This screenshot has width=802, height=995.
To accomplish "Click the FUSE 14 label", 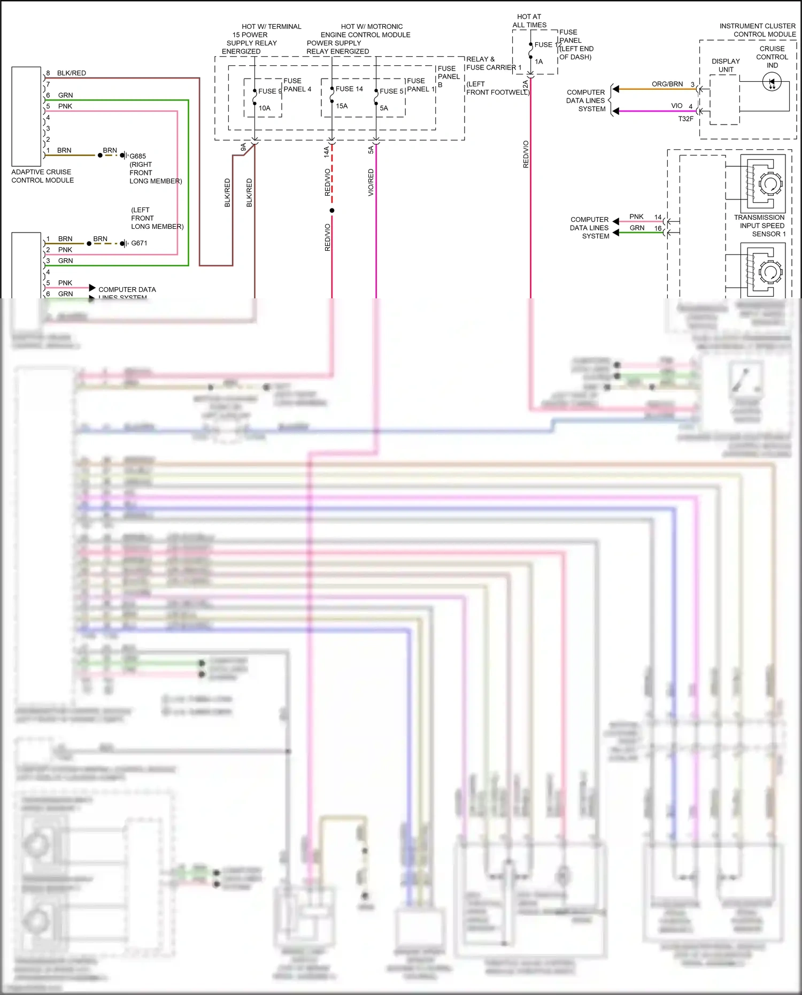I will click(x=349, y=89).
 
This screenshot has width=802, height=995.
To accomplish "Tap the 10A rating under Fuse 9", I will click(x=264, y=108).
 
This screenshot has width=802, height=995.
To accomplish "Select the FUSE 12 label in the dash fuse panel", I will click(x=547, y=45).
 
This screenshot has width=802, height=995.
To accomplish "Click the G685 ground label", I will click(x=137, y=156).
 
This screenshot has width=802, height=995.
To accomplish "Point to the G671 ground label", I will click(x=139, y=243).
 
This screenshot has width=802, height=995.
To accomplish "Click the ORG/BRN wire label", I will click(x=667, y=84).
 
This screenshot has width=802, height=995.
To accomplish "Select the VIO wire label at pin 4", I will click(x=676, y=106).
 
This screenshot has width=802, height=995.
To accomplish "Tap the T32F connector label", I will click(x=685, y=119).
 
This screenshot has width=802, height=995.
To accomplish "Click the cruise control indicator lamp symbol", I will click(x=772, y=82).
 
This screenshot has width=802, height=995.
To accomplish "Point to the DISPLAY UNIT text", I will click(x=726, y=65).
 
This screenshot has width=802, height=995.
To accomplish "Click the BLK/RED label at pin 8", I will click(x=71, y=73).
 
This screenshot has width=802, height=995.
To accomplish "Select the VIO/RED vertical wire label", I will click(x=371, y=182).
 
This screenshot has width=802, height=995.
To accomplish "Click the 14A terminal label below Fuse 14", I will click(x=326, y=152).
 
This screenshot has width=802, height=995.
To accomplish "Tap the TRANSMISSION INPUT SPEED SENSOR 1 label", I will click(x=759, y=226).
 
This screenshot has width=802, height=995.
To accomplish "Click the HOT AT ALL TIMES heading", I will click(x=529, y=21).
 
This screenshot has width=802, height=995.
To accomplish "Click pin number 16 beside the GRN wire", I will click(x=658, y=228).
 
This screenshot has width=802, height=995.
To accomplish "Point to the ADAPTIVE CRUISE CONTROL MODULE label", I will click(x=42, y=176).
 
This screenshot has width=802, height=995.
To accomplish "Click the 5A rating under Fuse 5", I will click(x=383, y=108).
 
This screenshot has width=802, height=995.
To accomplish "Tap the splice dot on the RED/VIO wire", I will click(x=332, y=211).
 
